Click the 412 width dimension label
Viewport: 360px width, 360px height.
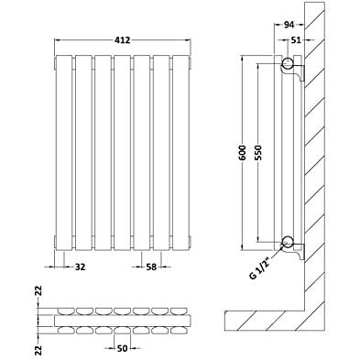pos(123,40)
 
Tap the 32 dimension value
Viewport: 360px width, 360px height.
pos(80,267)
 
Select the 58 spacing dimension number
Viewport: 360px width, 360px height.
pos(151,267)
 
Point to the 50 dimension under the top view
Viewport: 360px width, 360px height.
pos(122,348)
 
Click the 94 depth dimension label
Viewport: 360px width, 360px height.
pos(289,25)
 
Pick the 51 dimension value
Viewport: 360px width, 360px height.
pos(296,40)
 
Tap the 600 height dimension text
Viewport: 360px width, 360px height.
pos(243,152)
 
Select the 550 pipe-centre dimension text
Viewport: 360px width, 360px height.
pos(258,152)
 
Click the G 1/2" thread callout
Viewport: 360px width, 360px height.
pos(261,267)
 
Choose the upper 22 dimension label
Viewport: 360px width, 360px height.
pos(38,291)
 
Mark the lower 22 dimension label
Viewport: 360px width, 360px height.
pos(38,350)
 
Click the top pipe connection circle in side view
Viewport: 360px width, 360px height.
pos(288,63)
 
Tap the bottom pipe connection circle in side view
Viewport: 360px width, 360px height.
pos(288,242)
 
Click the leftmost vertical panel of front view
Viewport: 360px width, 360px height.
pos(64,152)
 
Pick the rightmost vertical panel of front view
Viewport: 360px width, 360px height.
pos(181,152)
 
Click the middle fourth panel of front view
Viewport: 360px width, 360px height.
pos(123,152)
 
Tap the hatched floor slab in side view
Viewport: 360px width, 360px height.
pos(265,321)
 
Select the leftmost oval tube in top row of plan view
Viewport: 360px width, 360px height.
pos(64,311)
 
